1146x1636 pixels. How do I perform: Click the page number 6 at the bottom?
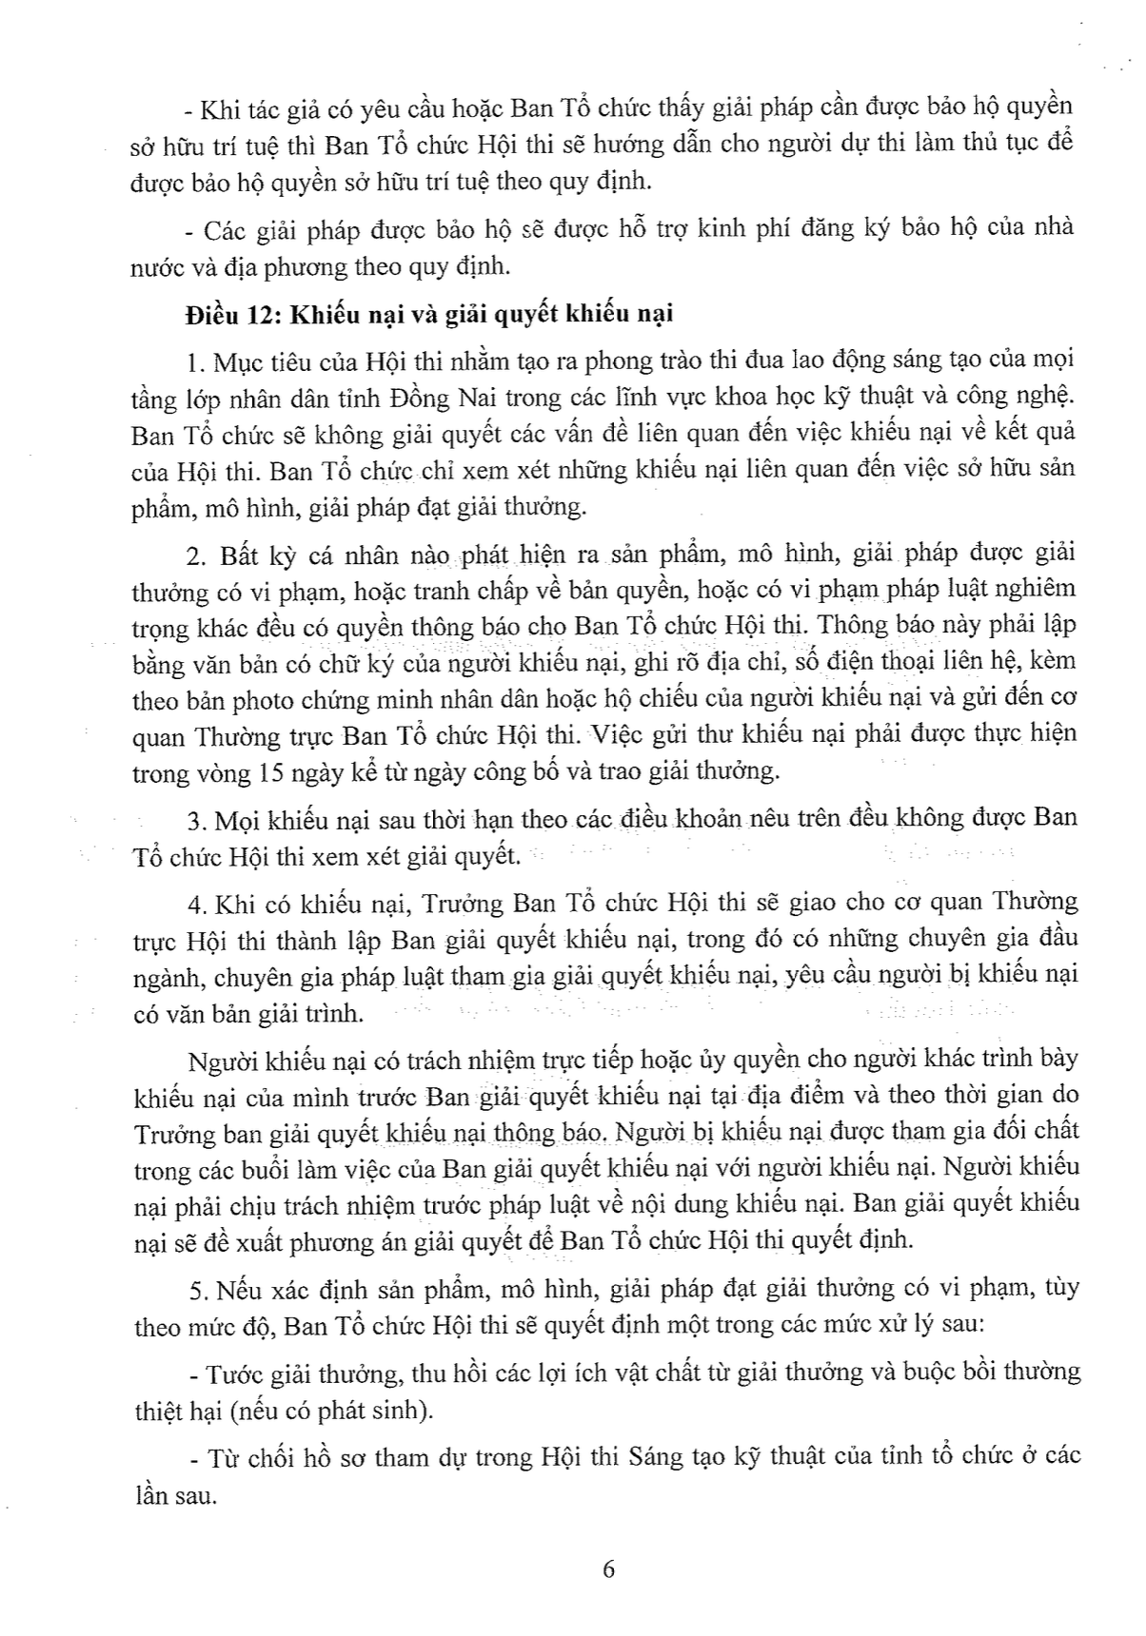(609, 1568)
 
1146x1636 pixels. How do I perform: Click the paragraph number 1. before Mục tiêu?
(197, 363)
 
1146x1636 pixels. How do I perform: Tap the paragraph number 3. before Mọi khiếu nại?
(197, 819)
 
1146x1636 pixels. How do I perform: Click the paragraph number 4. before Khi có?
(197, 902)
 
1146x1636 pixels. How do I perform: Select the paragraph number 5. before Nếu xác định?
(197, 1290)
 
